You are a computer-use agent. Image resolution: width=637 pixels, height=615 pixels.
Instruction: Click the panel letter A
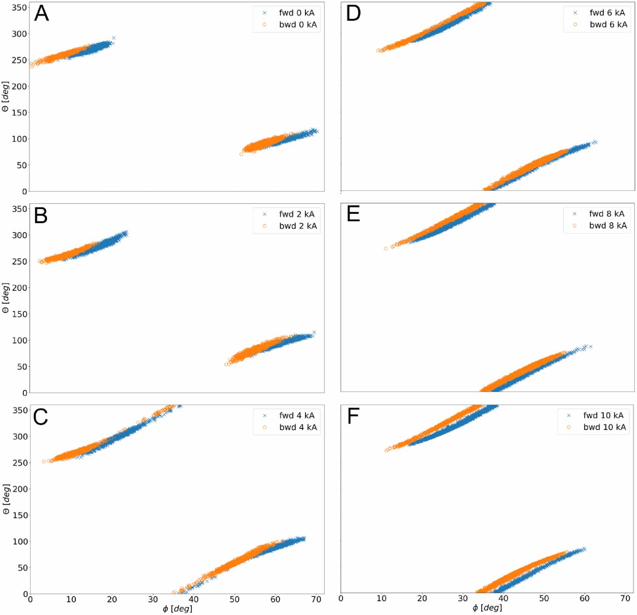click(41, 14)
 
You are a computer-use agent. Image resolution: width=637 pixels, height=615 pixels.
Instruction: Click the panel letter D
click(353, 14)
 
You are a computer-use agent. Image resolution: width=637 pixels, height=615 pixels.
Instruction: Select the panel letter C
click(41, 417)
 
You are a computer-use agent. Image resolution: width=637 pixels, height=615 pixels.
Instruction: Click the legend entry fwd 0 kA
click(297, 13)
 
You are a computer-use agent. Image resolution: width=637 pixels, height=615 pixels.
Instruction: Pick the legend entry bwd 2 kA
click(298, 226)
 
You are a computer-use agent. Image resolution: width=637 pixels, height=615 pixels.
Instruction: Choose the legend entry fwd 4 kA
click(297, 415)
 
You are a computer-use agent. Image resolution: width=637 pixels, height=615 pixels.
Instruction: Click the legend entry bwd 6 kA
click(608, 24)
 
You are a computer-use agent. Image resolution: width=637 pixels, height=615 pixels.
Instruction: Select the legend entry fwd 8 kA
click(607, 214)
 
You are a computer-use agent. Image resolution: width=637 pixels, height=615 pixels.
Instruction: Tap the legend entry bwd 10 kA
click(604, 427)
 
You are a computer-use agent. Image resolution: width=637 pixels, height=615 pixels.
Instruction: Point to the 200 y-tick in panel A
click(19, 86)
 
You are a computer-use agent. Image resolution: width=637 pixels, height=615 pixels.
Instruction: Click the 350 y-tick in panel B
click(19, 209)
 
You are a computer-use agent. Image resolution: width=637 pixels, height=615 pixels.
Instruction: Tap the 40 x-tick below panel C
click(193, 599)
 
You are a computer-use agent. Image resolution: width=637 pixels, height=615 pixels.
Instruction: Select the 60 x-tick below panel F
click(584, 598)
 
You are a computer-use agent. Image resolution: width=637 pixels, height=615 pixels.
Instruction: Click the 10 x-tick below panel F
click(381, 598)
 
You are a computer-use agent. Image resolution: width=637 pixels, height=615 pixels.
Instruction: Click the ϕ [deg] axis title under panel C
click(178, 609)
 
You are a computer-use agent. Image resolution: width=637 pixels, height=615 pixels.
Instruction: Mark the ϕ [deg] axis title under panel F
click(487, 608)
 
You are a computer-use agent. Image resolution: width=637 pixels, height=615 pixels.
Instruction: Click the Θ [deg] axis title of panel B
click(6, 298)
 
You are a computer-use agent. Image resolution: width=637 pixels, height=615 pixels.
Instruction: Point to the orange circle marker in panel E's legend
click(574, 225)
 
